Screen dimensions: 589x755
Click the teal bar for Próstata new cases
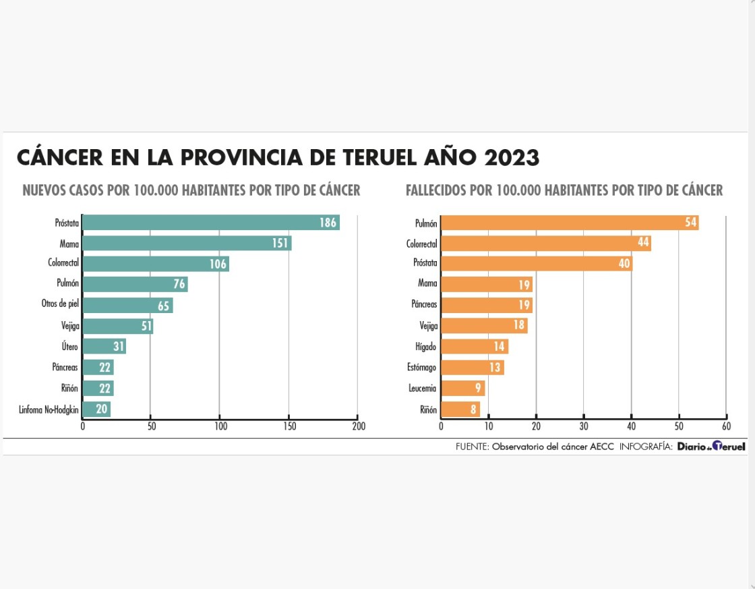coord(210,223)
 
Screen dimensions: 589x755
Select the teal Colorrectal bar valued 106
coord(156,264)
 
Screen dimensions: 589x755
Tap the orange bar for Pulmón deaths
coord(570,223)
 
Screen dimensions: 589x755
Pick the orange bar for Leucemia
coord(463,389)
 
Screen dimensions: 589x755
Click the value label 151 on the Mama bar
coord(280,244)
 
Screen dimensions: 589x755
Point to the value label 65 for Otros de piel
coord(164,306)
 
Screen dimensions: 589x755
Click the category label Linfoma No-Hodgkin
coord(49,410)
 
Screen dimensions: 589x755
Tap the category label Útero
coord(69,347)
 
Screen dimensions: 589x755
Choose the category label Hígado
coord(426,347)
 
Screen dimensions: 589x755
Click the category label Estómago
coord(422,368)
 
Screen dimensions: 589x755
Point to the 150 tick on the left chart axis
coord(289,426)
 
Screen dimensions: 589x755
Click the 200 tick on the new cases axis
coord(358,426)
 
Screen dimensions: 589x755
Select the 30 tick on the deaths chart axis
coord(584,426)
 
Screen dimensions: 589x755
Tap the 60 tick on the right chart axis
coord(726,426)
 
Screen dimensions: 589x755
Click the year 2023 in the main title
coord(512,158)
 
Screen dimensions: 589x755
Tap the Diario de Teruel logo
coord(711,447)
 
